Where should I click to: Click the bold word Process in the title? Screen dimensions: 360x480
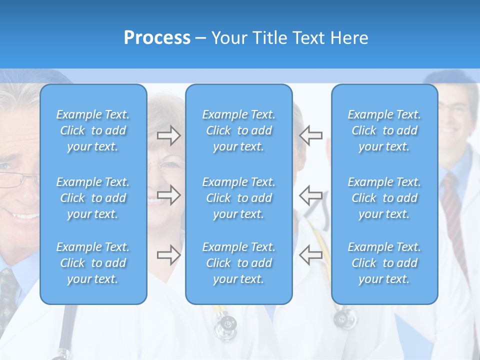pyautogui.click(x=157, y=38)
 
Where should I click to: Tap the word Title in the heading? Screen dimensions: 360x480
pyautogui.click(x=269, y=38)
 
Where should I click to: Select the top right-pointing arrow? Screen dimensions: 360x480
pyautogui.click(x=168, y=135)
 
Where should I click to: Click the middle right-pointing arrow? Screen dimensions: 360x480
pyautogui.click(x=168, y=195)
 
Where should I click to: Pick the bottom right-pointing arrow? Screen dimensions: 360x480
pyautogui.click(x=168, y=255)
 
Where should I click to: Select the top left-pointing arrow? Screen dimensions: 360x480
pyautogui.click(x=311, y=135)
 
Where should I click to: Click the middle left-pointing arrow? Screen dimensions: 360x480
pyautogui.click(x=311, y=195)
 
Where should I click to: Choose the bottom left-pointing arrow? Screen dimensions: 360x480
pyautogui.click(x=311, y=255)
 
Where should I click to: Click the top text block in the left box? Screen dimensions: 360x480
pyautogui.click(x=93, y=130)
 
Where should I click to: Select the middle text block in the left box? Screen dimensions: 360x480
pyautogui.click(x=93, y=198)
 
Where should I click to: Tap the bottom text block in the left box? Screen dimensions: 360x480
pyautogui.click(x=93, y=263)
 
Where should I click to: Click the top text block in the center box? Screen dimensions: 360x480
pyautogui.click(x=239, y=130)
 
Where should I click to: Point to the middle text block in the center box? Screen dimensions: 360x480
pyautogui.click(x=239, y=198)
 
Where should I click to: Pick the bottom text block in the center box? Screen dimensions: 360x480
pyautogui.click(x=239, y=263)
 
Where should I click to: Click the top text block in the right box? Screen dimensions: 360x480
pyautogui.click(x=384, y=130)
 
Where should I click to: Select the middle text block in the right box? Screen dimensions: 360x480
pyautogui.click(x=384, y=198)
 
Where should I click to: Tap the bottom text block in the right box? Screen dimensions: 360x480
pyautogui.click(x=384, y=263)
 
